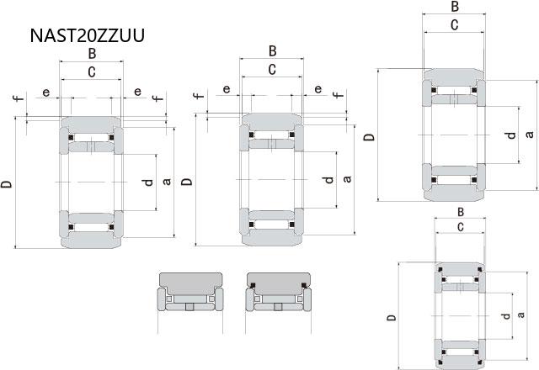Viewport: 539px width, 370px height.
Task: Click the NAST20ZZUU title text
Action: tap(88, 35)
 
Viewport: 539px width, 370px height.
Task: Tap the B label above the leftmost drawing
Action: tap(92, 54)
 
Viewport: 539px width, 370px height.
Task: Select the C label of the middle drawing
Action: tap(272, 69)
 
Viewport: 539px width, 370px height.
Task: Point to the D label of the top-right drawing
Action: tap(370, 137)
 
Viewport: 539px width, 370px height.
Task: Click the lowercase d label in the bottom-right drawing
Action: tap(505, 316)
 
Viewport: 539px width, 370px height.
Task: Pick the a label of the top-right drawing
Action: tap(530, 134)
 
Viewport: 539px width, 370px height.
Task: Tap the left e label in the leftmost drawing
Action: tap(46, 92)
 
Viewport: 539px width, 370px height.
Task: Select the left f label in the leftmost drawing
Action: tap(19, 98)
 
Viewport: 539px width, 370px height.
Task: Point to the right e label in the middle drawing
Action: tap(318, 89)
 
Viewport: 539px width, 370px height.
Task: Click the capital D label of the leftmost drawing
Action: tap(7, 184)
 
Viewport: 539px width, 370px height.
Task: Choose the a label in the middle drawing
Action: tap(347, 179)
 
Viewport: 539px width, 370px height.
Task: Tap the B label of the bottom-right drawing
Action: tap(461, 212)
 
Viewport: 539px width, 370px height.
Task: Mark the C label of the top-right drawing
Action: tap(455, 25)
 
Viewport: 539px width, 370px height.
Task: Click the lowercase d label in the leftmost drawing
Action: tap(148, 182)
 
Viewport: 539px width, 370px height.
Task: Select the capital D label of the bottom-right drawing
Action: tap(392, 318)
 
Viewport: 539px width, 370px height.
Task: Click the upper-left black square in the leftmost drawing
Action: tap(71, 138)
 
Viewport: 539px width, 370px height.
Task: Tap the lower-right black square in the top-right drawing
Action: tap(474, 180)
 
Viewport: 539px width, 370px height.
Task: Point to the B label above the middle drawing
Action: tap(272, 51)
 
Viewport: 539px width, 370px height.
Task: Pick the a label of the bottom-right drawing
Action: tap(521, 314)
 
